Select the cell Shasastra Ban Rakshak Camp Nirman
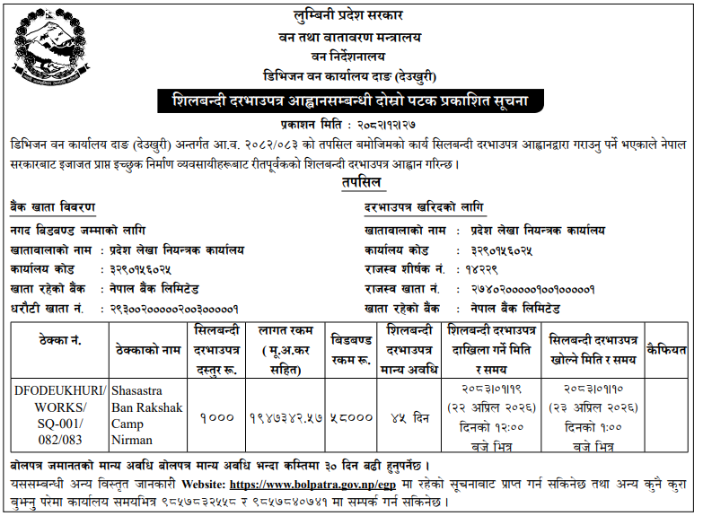click(x=148, y=415)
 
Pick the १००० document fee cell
click(x=216, y=416)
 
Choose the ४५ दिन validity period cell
click(x=409, y=416)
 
